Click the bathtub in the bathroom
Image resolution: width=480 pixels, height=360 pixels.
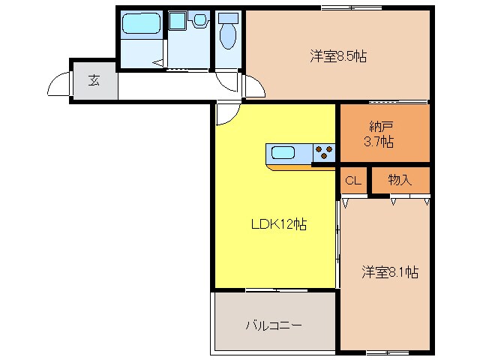[142, 22]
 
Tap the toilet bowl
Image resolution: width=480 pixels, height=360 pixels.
[228, 35]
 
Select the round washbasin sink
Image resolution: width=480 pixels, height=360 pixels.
[200, 20]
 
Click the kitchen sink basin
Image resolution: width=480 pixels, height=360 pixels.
[283, 152]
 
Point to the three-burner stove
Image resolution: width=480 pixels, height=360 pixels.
[324, 153]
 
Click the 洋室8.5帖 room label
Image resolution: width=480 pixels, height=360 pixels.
[338, 56]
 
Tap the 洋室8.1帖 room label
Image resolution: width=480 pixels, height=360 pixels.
[390, 271]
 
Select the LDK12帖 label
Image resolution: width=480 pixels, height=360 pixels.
[278, 224]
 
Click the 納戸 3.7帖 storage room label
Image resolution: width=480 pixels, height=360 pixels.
[379, 134]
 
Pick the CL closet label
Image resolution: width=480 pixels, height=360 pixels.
[353, 181]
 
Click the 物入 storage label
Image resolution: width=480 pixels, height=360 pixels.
[400, 180]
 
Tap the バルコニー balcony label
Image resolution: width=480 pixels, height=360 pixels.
[274, 325]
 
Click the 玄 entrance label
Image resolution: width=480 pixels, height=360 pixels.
[94, 80]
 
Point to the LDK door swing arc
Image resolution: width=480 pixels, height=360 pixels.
[232, 119]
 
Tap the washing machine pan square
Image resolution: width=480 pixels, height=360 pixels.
[177, 20]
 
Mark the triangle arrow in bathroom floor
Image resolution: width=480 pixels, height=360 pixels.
[158, 63]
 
